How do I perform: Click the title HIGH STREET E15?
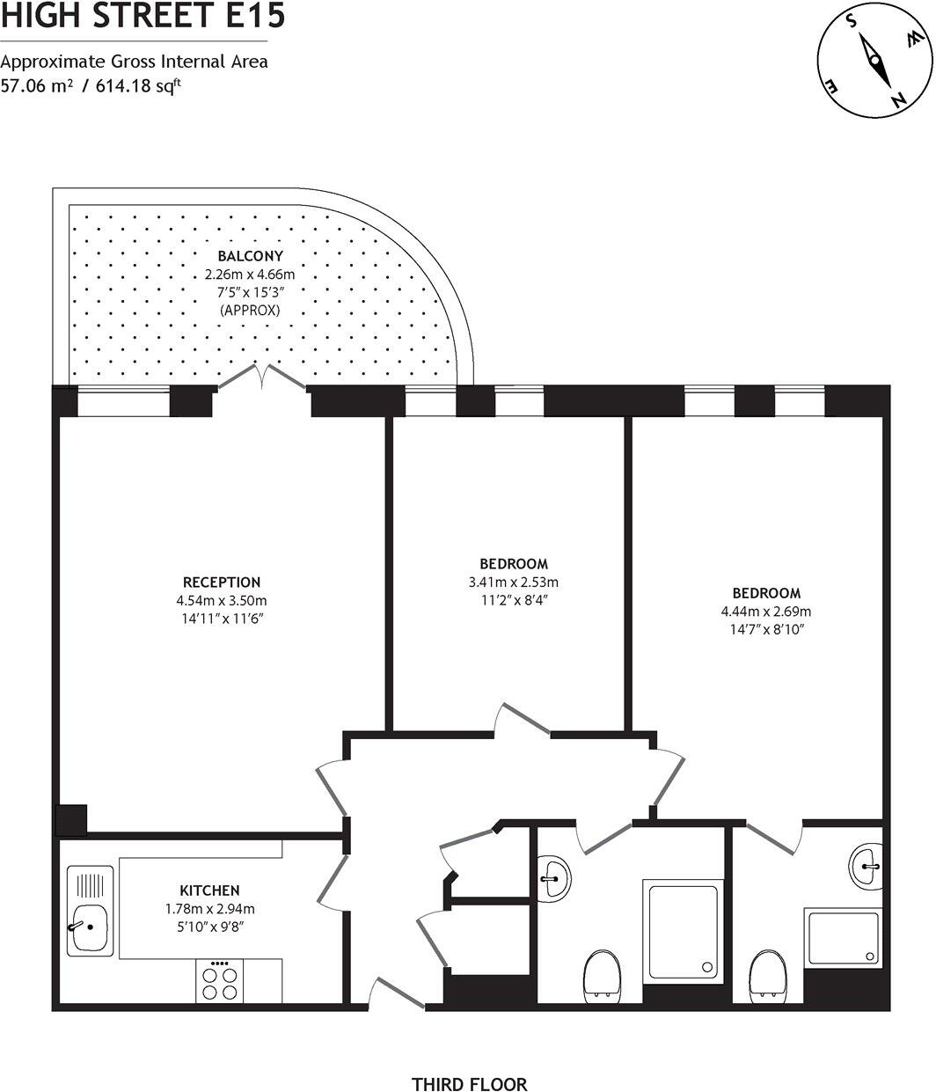(x=143, y=16)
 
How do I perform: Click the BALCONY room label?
(x=250, y=257)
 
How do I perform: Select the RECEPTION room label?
(x=222, y=582)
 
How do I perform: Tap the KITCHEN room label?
(x=209, y=890)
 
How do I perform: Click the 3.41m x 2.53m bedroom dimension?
(x=514, y=583)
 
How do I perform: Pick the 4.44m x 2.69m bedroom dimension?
(x=766, y=612)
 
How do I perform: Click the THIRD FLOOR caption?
(x=469, y=1084)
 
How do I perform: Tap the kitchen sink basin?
(x=88, y=927)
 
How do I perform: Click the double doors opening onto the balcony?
(x=261, y=378)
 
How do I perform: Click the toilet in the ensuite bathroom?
(x=769, y=975)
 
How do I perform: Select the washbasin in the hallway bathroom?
(x=555, y=876)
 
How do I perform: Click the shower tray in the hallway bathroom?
(x=683, y=931)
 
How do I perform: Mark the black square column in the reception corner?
(x=71, y=820)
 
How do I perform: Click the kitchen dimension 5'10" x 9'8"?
(x=209, y=927)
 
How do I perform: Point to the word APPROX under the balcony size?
(x=250, y=311)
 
